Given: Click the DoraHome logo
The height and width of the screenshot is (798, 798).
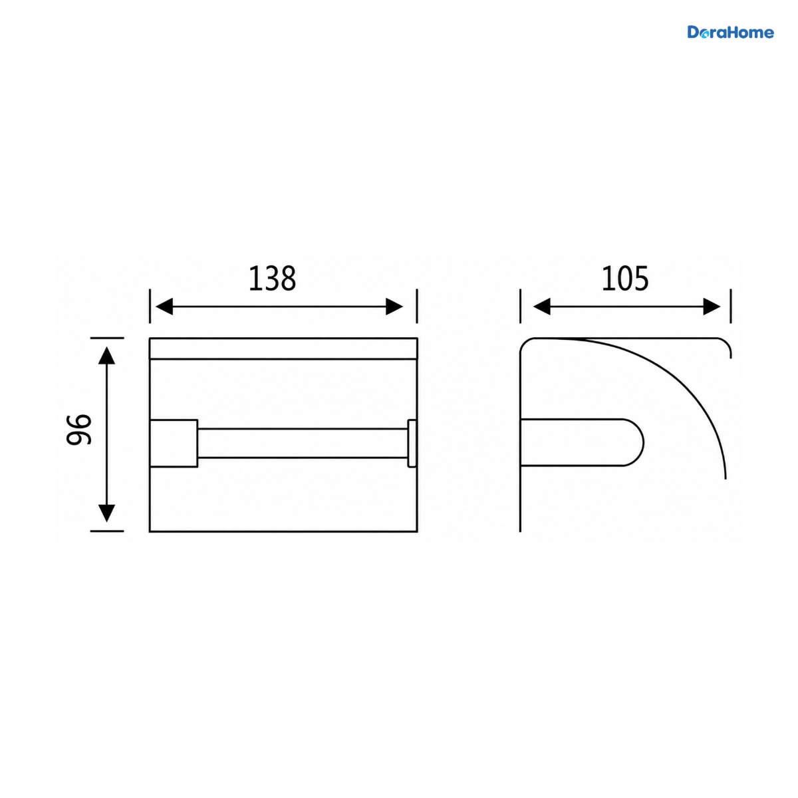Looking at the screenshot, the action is tap(730, 33).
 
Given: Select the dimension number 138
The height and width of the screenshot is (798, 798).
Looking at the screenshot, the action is tap(272, 278).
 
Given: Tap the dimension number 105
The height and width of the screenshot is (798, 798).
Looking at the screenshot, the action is tap(624, 278).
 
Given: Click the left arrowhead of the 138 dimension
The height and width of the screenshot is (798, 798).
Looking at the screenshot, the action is tap(164, 307).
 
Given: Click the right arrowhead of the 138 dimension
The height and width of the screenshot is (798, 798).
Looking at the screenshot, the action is tap(394, 307).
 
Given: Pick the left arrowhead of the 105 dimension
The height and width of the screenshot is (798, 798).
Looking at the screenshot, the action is tap(542, 307).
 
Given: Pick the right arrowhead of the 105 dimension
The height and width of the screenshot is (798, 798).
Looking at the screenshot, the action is tap(712, 307).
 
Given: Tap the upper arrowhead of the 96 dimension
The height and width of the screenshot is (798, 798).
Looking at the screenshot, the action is tap(107, 355).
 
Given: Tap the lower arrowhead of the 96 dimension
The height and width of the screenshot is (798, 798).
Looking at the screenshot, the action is tap(107, 513).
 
